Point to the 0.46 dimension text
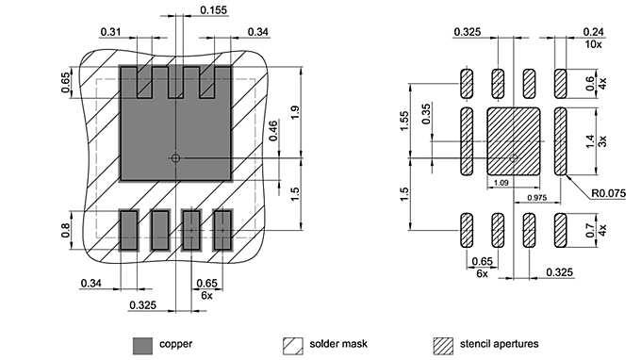click(x=272, y=131)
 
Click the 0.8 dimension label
click(x=65, y=229)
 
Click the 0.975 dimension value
click(x=537, y=197)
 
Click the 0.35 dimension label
click(x=426, y=114)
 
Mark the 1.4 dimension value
click(x=590, y=140)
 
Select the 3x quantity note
click(x=602, y=140)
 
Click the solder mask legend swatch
click(x=293, y=343)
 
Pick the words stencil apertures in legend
click(x=499, y=343)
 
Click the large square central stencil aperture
click(x=512, y=139)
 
